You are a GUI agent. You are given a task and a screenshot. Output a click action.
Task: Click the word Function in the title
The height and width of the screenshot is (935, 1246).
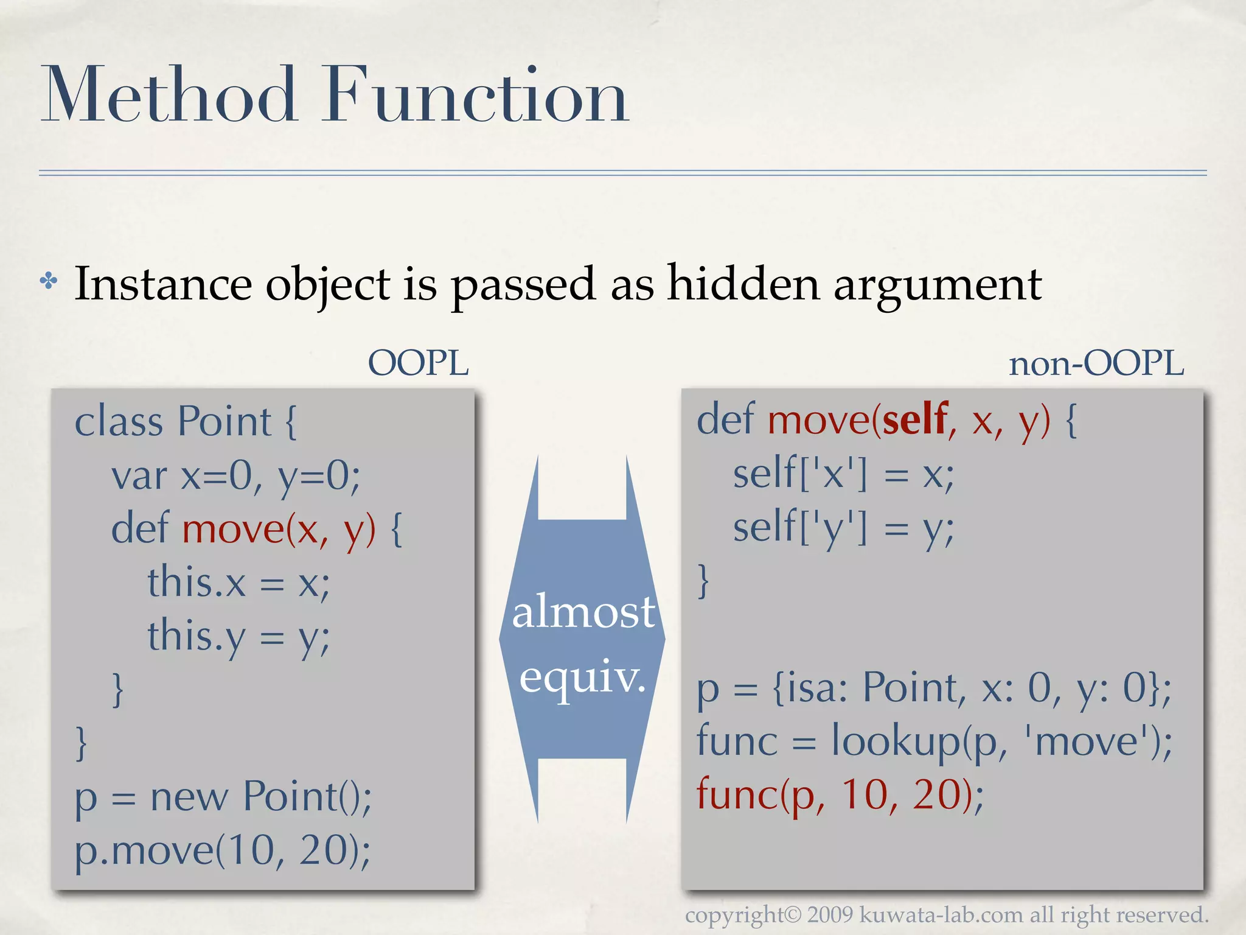pyautogui.click(x=476, y=96)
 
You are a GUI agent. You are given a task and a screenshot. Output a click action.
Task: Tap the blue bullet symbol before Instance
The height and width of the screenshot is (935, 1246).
pyautogui.click(x=49, y=281)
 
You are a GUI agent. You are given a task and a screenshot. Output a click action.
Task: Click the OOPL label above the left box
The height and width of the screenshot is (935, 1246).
pyautogui.click(x=418, y=363)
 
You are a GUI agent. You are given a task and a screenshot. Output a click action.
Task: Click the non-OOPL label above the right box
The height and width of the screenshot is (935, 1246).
pyautogui.click(x=1096, y=363)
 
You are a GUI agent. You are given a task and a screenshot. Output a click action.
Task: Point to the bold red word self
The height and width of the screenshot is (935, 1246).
pyautogui.click(x=914, y=419)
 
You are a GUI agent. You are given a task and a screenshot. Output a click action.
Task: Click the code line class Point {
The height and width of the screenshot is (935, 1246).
pyautogui.click(x=186, y=421)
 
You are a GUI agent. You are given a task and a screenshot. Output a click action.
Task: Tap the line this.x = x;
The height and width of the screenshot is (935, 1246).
pyautogui.click(x=238, y=583)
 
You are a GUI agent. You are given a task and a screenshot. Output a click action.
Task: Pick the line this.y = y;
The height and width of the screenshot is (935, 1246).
pyautogui.click(x=238, y=637)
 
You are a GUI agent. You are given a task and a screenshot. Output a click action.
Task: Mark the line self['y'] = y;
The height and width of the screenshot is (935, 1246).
pyautogui.click(x=843, y=527)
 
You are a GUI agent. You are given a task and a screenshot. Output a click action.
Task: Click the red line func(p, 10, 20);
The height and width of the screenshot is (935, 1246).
pyautogui.click(x=840, y=795)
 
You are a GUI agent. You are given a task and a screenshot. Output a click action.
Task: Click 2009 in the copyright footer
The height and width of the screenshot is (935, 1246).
pyautogui.click(x=830, y=914)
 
